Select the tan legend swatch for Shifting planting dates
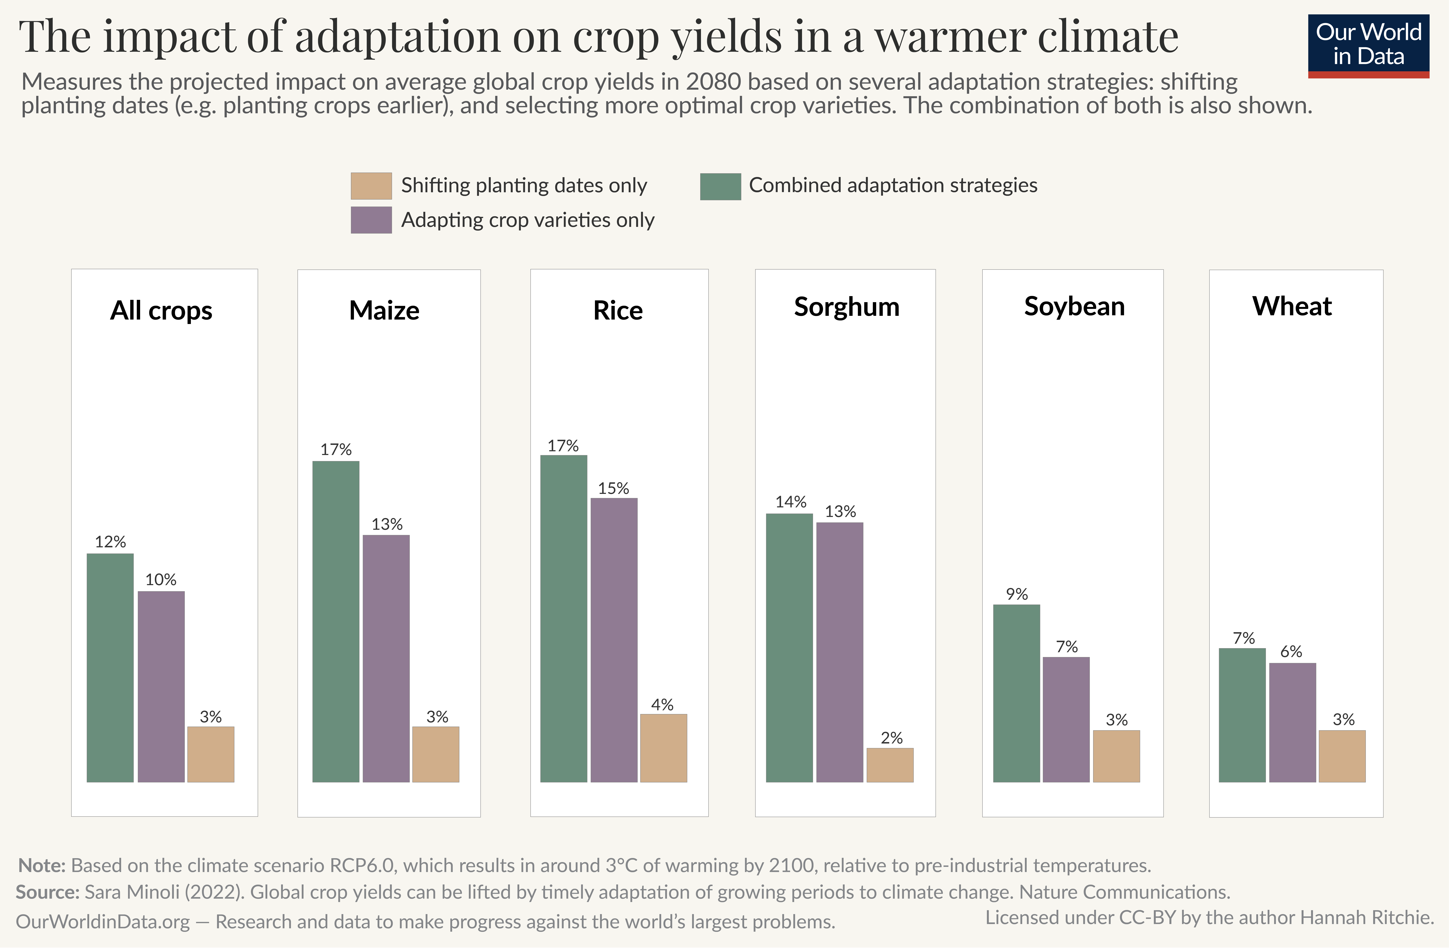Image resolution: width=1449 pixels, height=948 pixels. [x=371, y=186]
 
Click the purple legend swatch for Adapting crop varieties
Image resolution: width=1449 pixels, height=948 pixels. [x=371, y=220]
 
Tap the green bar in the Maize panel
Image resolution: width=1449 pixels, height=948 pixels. [x=335, y=621]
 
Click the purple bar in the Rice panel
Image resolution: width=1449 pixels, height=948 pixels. [x=614, y=639]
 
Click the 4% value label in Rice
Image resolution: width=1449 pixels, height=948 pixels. [x=662, y=705]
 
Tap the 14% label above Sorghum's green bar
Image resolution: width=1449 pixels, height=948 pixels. [x=790, y=502]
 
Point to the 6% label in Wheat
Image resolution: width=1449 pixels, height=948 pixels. [x=1291, y=652]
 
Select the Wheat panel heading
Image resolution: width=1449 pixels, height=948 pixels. [x=1291, y=306]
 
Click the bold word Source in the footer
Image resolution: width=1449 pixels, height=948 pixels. [x=47, y=892]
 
